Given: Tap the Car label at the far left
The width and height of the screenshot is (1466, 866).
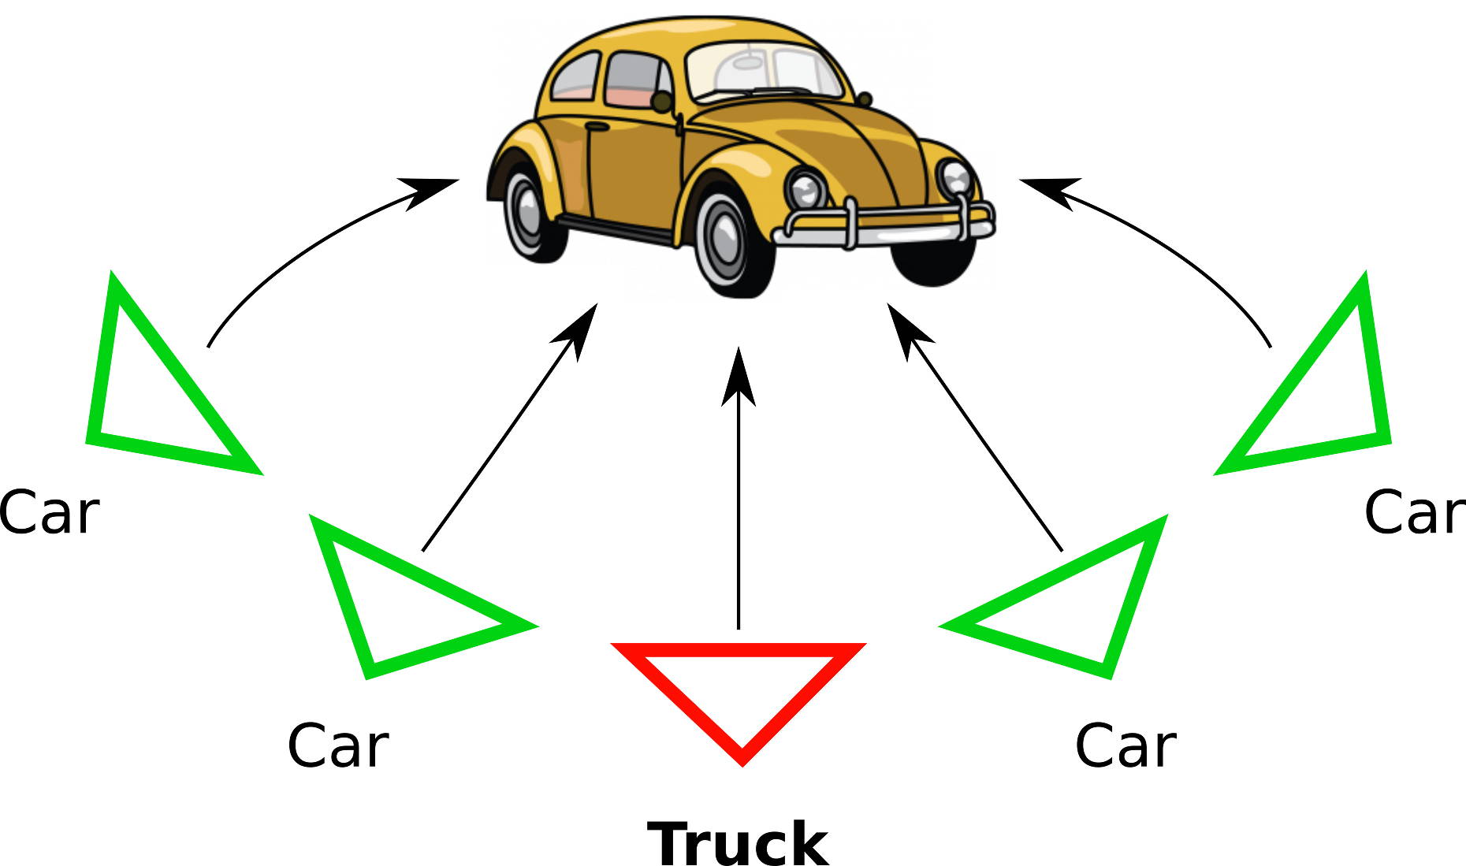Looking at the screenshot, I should [x=49, y=513].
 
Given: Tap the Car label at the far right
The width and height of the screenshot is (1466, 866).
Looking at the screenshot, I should [x=1414, y=513].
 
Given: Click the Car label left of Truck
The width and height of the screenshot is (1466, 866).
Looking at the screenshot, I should [x=337, y=745].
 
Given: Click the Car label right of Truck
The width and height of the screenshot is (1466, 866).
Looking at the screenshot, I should [x=1126, y=745].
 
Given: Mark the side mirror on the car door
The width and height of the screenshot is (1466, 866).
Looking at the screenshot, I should [x=662, y=102].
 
